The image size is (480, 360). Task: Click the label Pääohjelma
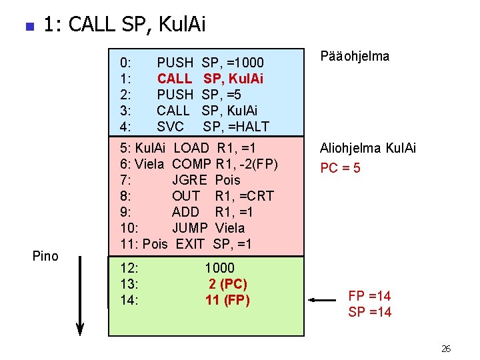pos(355,57)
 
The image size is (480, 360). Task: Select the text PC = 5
pos(340,168)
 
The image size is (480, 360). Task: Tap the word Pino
pos(45,256)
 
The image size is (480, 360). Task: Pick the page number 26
pos(446,349)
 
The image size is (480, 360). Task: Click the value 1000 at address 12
pos(220,268)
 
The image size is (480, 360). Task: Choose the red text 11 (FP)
pos(227,300)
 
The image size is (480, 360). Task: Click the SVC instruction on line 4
pos(171,127)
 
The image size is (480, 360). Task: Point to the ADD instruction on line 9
pos(185,212)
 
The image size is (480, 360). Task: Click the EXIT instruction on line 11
pos(190,244)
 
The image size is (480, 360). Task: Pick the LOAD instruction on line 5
pos(191,148)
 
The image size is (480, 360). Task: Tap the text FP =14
pos(369,296)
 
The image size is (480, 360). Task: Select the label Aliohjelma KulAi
pos(368,148)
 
